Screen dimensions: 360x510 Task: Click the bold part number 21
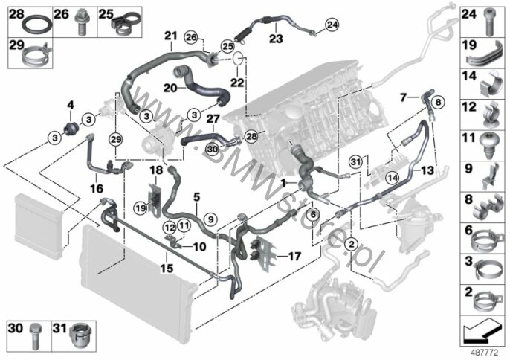(x=171, y=36)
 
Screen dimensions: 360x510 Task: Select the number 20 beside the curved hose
(x=170, y=87)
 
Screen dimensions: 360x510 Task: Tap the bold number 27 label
(x=213, y=118)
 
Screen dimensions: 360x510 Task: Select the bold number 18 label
(x=156, y=170)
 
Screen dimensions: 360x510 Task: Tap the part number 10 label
(x=201, y=246)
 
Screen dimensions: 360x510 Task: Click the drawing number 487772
(x=485, y=352)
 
